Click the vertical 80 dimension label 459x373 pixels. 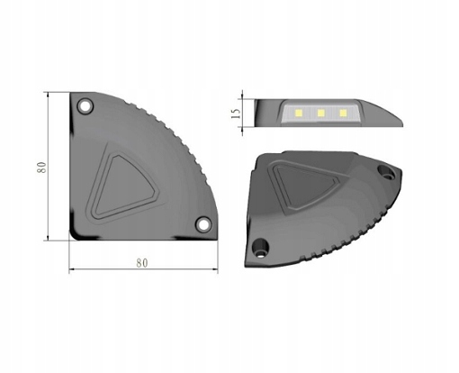[40, 167]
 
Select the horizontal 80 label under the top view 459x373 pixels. [141, 262]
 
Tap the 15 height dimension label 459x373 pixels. [236, 114]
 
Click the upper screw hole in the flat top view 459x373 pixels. [85, 106]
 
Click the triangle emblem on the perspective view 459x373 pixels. [310, 185]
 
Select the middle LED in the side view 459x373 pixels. [319, 113]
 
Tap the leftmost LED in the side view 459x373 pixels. [297, 113]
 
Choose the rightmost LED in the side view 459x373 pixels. [342, 113]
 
